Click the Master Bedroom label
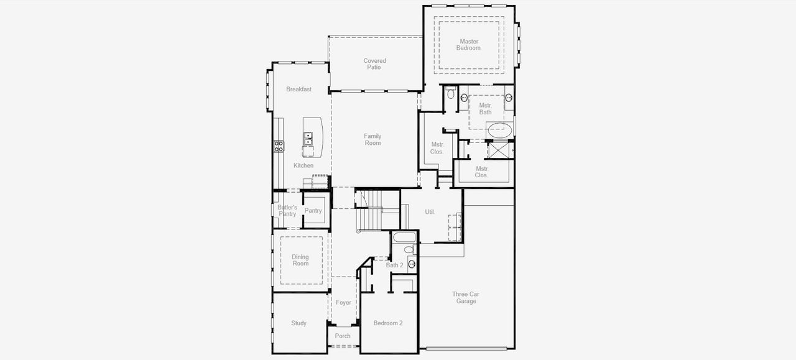click(469, 45)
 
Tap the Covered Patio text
click(374, 64)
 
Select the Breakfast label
click(298, 90)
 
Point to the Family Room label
click(373, 140)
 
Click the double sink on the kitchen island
click(308, 138)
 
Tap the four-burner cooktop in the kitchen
click(279, 147)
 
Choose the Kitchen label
click(303, 165)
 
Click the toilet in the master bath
click(451, 95)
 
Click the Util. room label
click(430, 212)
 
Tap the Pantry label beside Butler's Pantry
click(313, 211)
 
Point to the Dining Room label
click(300, 261)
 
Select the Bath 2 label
click(395, 265)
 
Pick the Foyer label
click(343, 303)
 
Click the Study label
click(299, 323)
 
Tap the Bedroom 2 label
click(388, 323)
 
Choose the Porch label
click(343, 336)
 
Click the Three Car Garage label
click(466, 298)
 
